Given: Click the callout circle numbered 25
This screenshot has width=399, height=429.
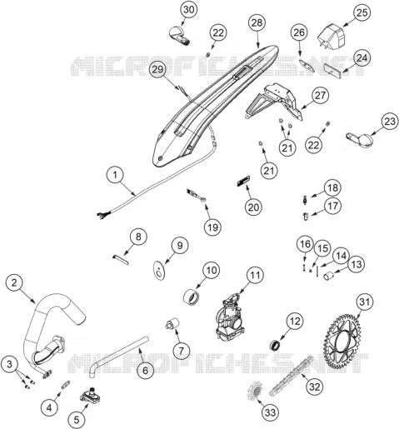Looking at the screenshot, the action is coord(362,12).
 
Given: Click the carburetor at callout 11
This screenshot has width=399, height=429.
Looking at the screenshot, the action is coord(230,317).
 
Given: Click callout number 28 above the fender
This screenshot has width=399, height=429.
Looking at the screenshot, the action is coord(257,22).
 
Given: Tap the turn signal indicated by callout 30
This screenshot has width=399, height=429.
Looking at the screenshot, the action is coord(179,35).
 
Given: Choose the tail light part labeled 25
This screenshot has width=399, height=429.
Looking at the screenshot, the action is coord(332,36).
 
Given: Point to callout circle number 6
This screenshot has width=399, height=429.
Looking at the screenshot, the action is coord(145,370).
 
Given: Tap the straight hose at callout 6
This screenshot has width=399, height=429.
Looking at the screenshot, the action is coord(119,356).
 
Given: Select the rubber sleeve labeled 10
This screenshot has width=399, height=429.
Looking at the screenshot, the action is coord(192,297).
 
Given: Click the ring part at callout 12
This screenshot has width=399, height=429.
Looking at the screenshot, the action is coord(275,345).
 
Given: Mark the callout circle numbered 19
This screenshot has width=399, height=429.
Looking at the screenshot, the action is coord(212,227).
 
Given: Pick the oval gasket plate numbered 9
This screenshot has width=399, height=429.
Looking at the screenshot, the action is coord(159,269).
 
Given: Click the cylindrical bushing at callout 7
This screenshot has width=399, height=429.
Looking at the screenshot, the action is coord(172,323).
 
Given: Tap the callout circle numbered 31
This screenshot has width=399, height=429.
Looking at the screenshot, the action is coord(364,302).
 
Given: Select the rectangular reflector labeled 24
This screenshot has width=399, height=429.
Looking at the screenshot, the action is coord(333,68).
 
